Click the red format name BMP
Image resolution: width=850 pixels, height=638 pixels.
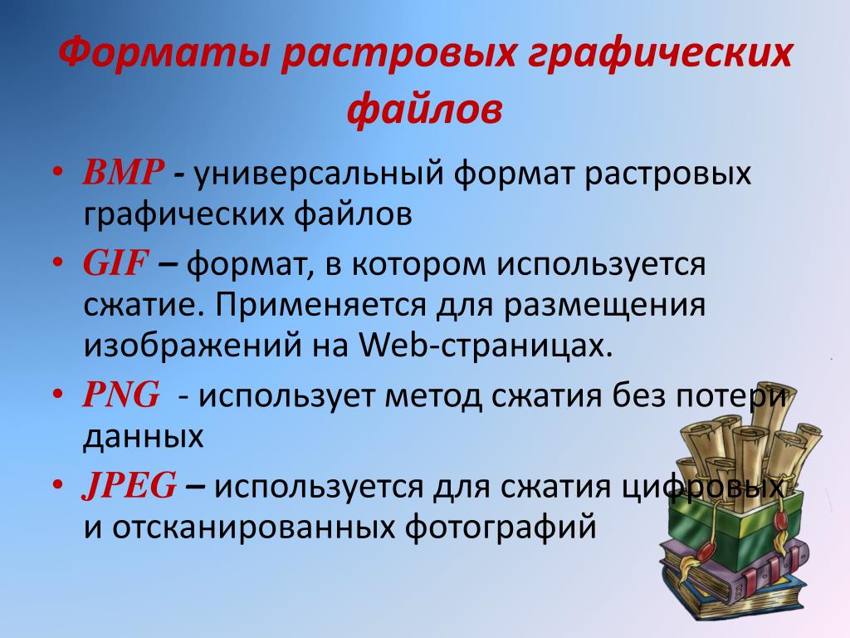click(x=123, y=173)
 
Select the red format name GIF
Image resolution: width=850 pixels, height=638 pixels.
click(x=115, y=263)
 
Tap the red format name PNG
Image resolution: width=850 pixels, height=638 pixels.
click(x=121, y=395)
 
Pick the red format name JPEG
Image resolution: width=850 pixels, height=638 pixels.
click(x=129, y=485)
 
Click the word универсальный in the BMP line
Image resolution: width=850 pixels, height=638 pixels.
click(x=319, y=174)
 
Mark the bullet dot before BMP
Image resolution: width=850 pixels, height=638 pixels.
click(x=58, y=172)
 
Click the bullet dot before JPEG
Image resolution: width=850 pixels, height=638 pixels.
click(x=58, y=484)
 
